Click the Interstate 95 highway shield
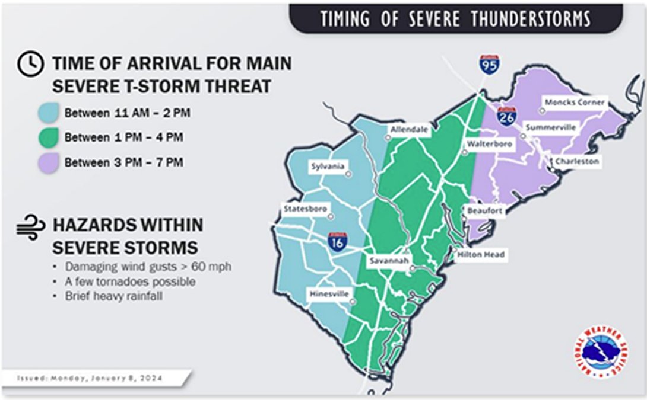point(490,64)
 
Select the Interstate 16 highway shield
point(338,242)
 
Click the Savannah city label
point(386,261)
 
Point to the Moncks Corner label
point(575,103)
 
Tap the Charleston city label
point(577,161)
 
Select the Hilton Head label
point(481,254)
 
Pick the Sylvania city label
point(328,167)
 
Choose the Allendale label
point(409,130)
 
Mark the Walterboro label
point(489,144)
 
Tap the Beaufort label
point(484,211)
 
